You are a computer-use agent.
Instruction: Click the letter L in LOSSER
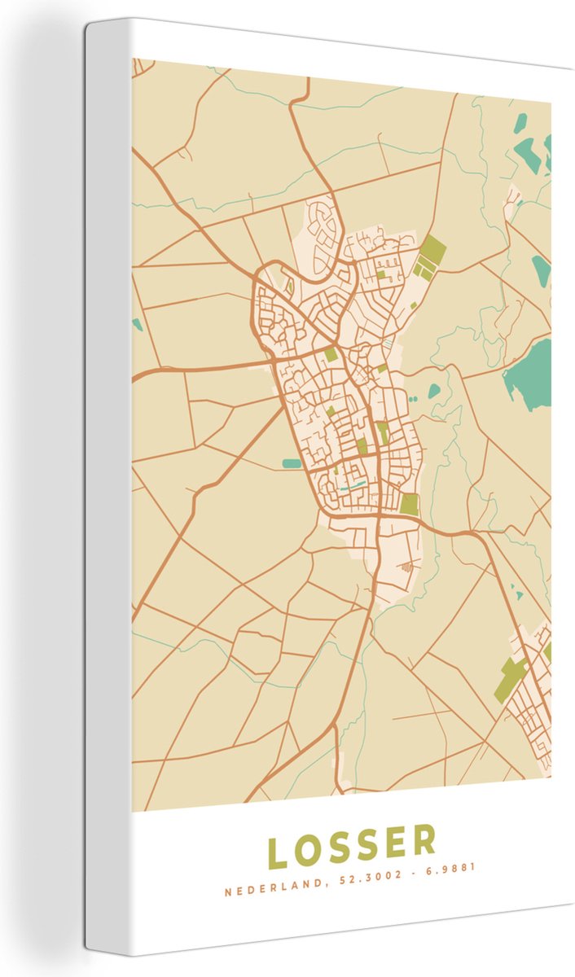point(279,853)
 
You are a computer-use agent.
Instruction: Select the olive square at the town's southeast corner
point(409,505)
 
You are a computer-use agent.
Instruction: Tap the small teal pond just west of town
point(291,463)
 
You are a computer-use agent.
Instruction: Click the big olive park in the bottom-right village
point(511,679)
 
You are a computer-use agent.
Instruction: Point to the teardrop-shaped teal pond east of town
point(433,391)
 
